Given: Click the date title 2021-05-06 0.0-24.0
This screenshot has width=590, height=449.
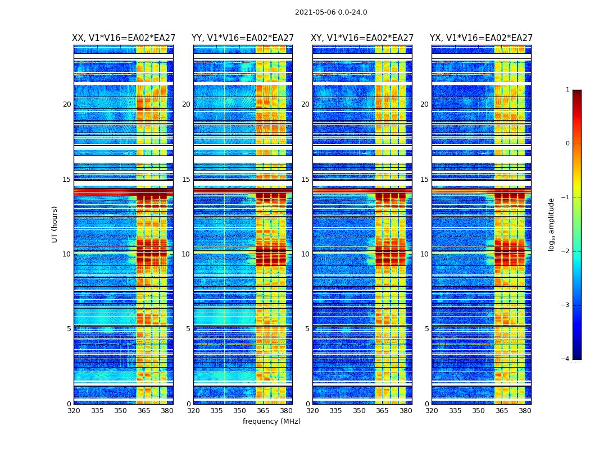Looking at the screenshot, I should click(x=331, y=12).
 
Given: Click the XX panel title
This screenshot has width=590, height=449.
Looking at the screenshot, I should click(x=124, y=38).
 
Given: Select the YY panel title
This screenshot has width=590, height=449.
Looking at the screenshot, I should click(x=243, y=38).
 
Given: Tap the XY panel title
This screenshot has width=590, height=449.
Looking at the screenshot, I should click(x=362, y=38).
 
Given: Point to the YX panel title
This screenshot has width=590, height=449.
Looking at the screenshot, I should click(x=482, y=38).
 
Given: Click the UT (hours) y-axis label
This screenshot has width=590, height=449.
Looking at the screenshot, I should click(x=55, y=224).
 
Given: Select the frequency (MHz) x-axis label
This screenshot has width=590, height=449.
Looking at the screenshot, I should click(x=271, y=421).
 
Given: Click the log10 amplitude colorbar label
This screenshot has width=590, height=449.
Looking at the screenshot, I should click(x=552, y=224).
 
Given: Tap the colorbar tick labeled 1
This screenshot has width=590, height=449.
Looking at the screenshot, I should click(x=568, y=90).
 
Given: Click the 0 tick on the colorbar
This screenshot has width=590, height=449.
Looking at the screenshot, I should click(x=568, y=144).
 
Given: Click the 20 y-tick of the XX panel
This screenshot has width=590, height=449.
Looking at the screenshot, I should click(x=67, y=104).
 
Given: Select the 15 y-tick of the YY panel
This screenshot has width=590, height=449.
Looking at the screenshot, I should click(x=186, y=180).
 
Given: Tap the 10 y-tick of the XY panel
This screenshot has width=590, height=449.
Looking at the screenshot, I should click(x=305, y=254).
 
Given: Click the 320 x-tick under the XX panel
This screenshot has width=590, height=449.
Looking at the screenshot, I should click(x=74, y=411).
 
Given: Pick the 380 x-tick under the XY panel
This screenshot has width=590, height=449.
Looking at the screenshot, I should click(x=406, y=411).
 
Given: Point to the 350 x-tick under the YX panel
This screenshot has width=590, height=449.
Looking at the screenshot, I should click(x=478, y=411).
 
